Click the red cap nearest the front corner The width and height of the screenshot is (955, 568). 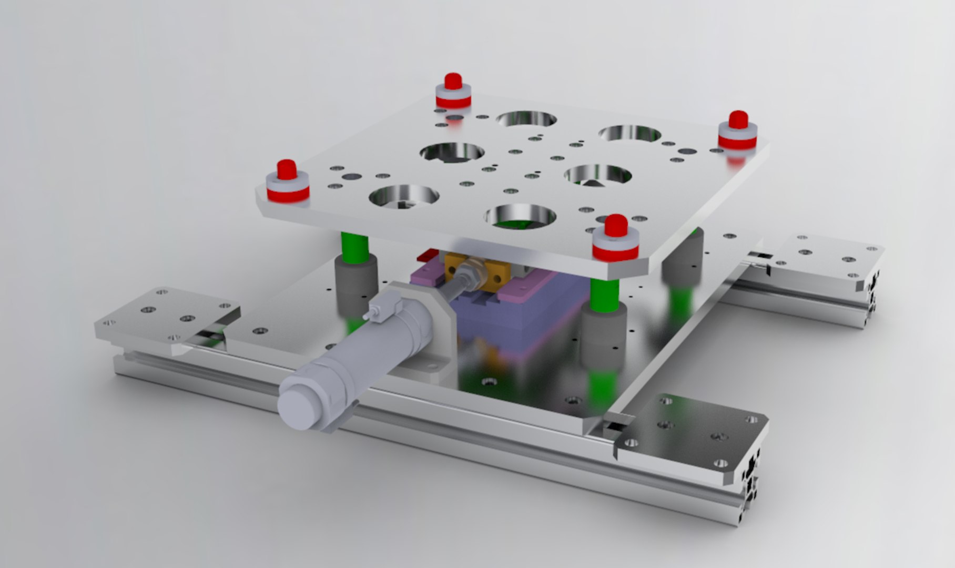[616, 226]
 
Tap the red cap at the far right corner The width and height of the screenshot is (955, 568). [738, 120]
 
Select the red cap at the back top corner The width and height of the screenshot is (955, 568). [453, 82]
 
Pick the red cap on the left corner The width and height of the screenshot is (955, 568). [287, 169]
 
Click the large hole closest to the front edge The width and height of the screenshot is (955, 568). [520, 216]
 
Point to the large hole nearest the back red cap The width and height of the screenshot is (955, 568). [526, 119]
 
